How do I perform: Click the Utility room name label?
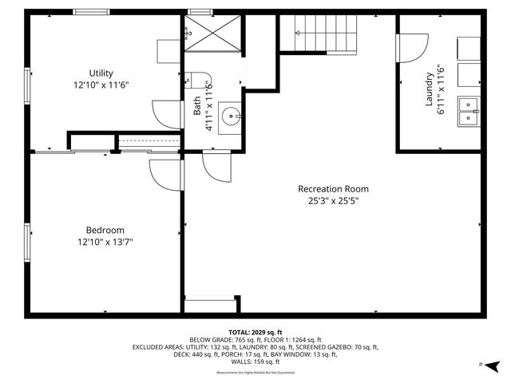(101, 72)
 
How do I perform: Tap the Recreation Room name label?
(333, 189)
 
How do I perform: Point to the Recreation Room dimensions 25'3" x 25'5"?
(333, 201)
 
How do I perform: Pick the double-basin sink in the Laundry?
(467, 112)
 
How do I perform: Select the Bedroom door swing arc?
(165, 174)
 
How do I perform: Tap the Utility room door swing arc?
(167, 113)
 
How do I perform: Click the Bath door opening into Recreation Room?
(216, 167)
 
